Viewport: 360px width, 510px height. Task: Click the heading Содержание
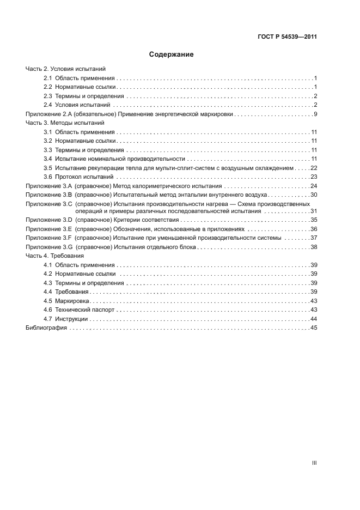point(172,54)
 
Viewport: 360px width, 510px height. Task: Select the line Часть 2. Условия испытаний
point(65,69)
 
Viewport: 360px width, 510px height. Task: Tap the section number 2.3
point(47,96)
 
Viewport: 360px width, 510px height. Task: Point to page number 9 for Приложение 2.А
point(315,114)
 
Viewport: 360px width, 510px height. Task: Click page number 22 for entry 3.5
point(313,168)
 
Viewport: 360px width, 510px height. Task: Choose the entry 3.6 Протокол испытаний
point(78,177)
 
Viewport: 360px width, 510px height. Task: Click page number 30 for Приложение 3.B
point(313,195)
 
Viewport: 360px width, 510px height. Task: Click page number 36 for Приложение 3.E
point(313,229)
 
